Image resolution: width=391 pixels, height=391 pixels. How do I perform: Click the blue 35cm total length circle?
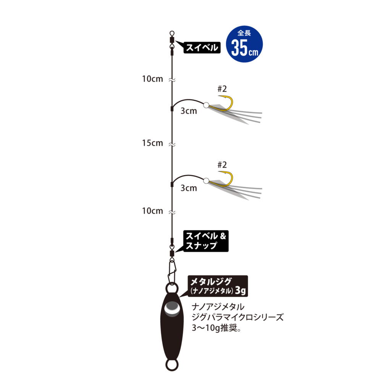click(x=244, y=44)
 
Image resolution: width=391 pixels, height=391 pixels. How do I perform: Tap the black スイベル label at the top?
click(x=202, y=47)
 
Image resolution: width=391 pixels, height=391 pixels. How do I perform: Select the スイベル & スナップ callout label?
click(x=206, y=241)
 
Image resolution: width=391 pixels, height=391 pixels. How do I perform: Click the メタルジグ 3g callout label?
click(x=218, y=286)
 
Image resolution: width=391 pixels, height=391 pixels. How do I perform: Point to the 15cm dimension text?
click(x=152, y=143)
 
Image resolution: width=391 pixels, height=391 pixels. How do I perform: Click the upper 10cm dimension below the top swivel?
click(x=152, y=79)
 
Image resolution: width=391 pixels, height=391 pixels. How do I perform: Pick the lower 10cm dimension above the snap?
click(x=152, y=211)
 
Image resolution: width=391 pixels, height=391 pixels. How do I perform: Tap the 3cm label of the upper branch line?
click(x=189, y=111)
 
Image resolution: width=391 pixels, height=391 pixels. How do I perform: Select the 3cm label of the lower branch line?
click(x=189, y=188)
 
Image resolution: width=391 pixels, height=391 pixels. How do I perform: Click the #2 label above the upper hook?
click(x=222, y=89)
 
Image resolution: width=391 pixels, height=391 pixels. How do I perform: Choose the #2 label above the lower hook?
click(x=222, y=165)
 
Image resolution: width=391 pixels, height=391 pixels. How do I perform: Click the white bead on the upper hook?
click(x=206, y=105)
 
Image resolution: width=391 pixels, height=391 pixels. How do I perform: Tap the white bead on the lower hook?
click(x=206, y=181)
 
